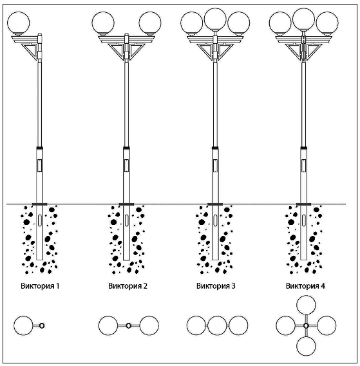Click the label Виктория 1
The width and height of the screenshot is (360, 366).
[40, 286]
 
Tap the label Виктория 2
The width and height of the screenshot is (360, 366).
[128, 286]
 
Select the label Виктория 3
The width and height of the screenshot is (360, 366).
[216, 286]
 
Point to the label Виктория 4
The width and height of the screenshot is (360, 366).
[305, 286]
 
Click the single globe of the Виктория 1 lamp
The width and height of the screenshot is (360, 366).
[19, 23]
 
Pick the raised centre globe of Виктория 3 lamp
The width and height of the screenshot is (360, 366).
[215, 19]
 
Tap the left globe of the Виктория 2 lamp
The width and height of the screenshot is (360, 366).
[103, 23]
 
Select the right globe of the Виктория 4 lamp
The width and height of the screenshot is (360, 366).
[327, 23]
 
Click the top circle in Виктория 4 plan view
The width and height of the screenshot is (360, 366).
[306, 305]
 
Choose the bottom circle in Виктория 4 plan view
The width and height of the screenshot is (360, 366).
[306, 346]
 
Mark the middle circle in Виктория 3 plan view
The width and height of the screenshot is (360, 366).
[217, 325]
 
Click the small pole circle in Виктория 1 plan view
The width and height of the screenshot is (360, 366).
[42, 325]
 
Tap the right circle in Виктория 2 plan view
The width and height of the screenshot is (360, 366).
[149, 325]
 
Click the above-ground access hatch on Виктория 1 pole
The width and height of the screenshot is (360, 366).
[40, 166]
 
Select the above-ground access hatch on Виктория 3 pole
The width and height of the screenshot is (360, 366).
[215, 166]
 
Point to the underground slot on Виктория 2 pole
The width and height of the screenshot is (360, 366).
[126, 220]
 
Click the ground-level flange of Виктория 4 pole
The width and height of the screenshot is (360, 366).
[303, 204]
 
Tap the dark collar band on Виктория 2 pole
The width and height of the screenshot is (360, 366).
[126, 148]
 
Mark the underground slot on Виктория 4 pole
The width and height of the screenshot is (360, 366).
[303, 220]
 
